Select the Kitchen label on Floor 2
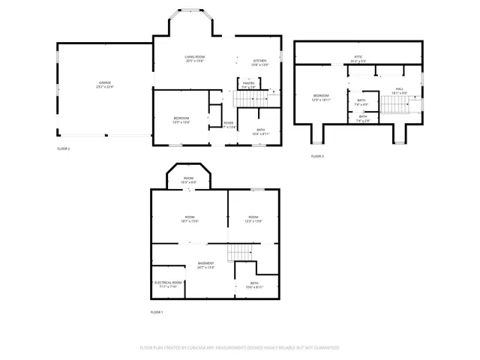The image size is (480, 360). point(259,62)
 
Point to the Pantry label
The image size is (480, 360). point(248,85)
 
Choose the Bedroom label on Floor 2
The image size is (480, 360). point(181,119)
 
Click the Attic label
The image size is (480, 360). point(358,58)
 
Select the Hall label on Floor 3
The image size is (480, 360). point(400,91)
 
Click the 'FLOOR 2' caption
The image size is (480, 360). point(64,148)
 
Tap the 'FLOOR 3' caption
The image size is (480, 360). point(317,156)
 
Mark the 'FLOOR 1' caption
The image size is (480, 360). point(157,311)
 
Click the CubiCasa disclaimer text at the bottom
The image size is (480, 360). point(239,347)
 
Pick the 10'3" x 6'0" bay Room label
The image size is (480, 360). point(189,180)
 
